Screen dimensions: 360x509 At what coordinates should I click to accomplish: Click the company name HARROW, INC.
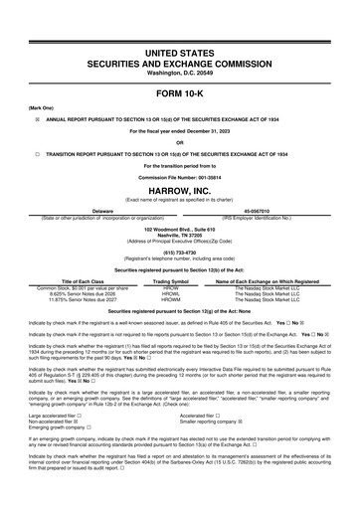(x=180, y=163)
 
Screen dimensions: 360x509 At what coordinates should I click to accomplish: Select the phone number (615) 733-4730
(x=180, y=223)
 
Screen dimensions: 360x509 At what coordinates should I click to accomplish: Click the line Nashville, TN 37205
(x=180, y=207)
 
